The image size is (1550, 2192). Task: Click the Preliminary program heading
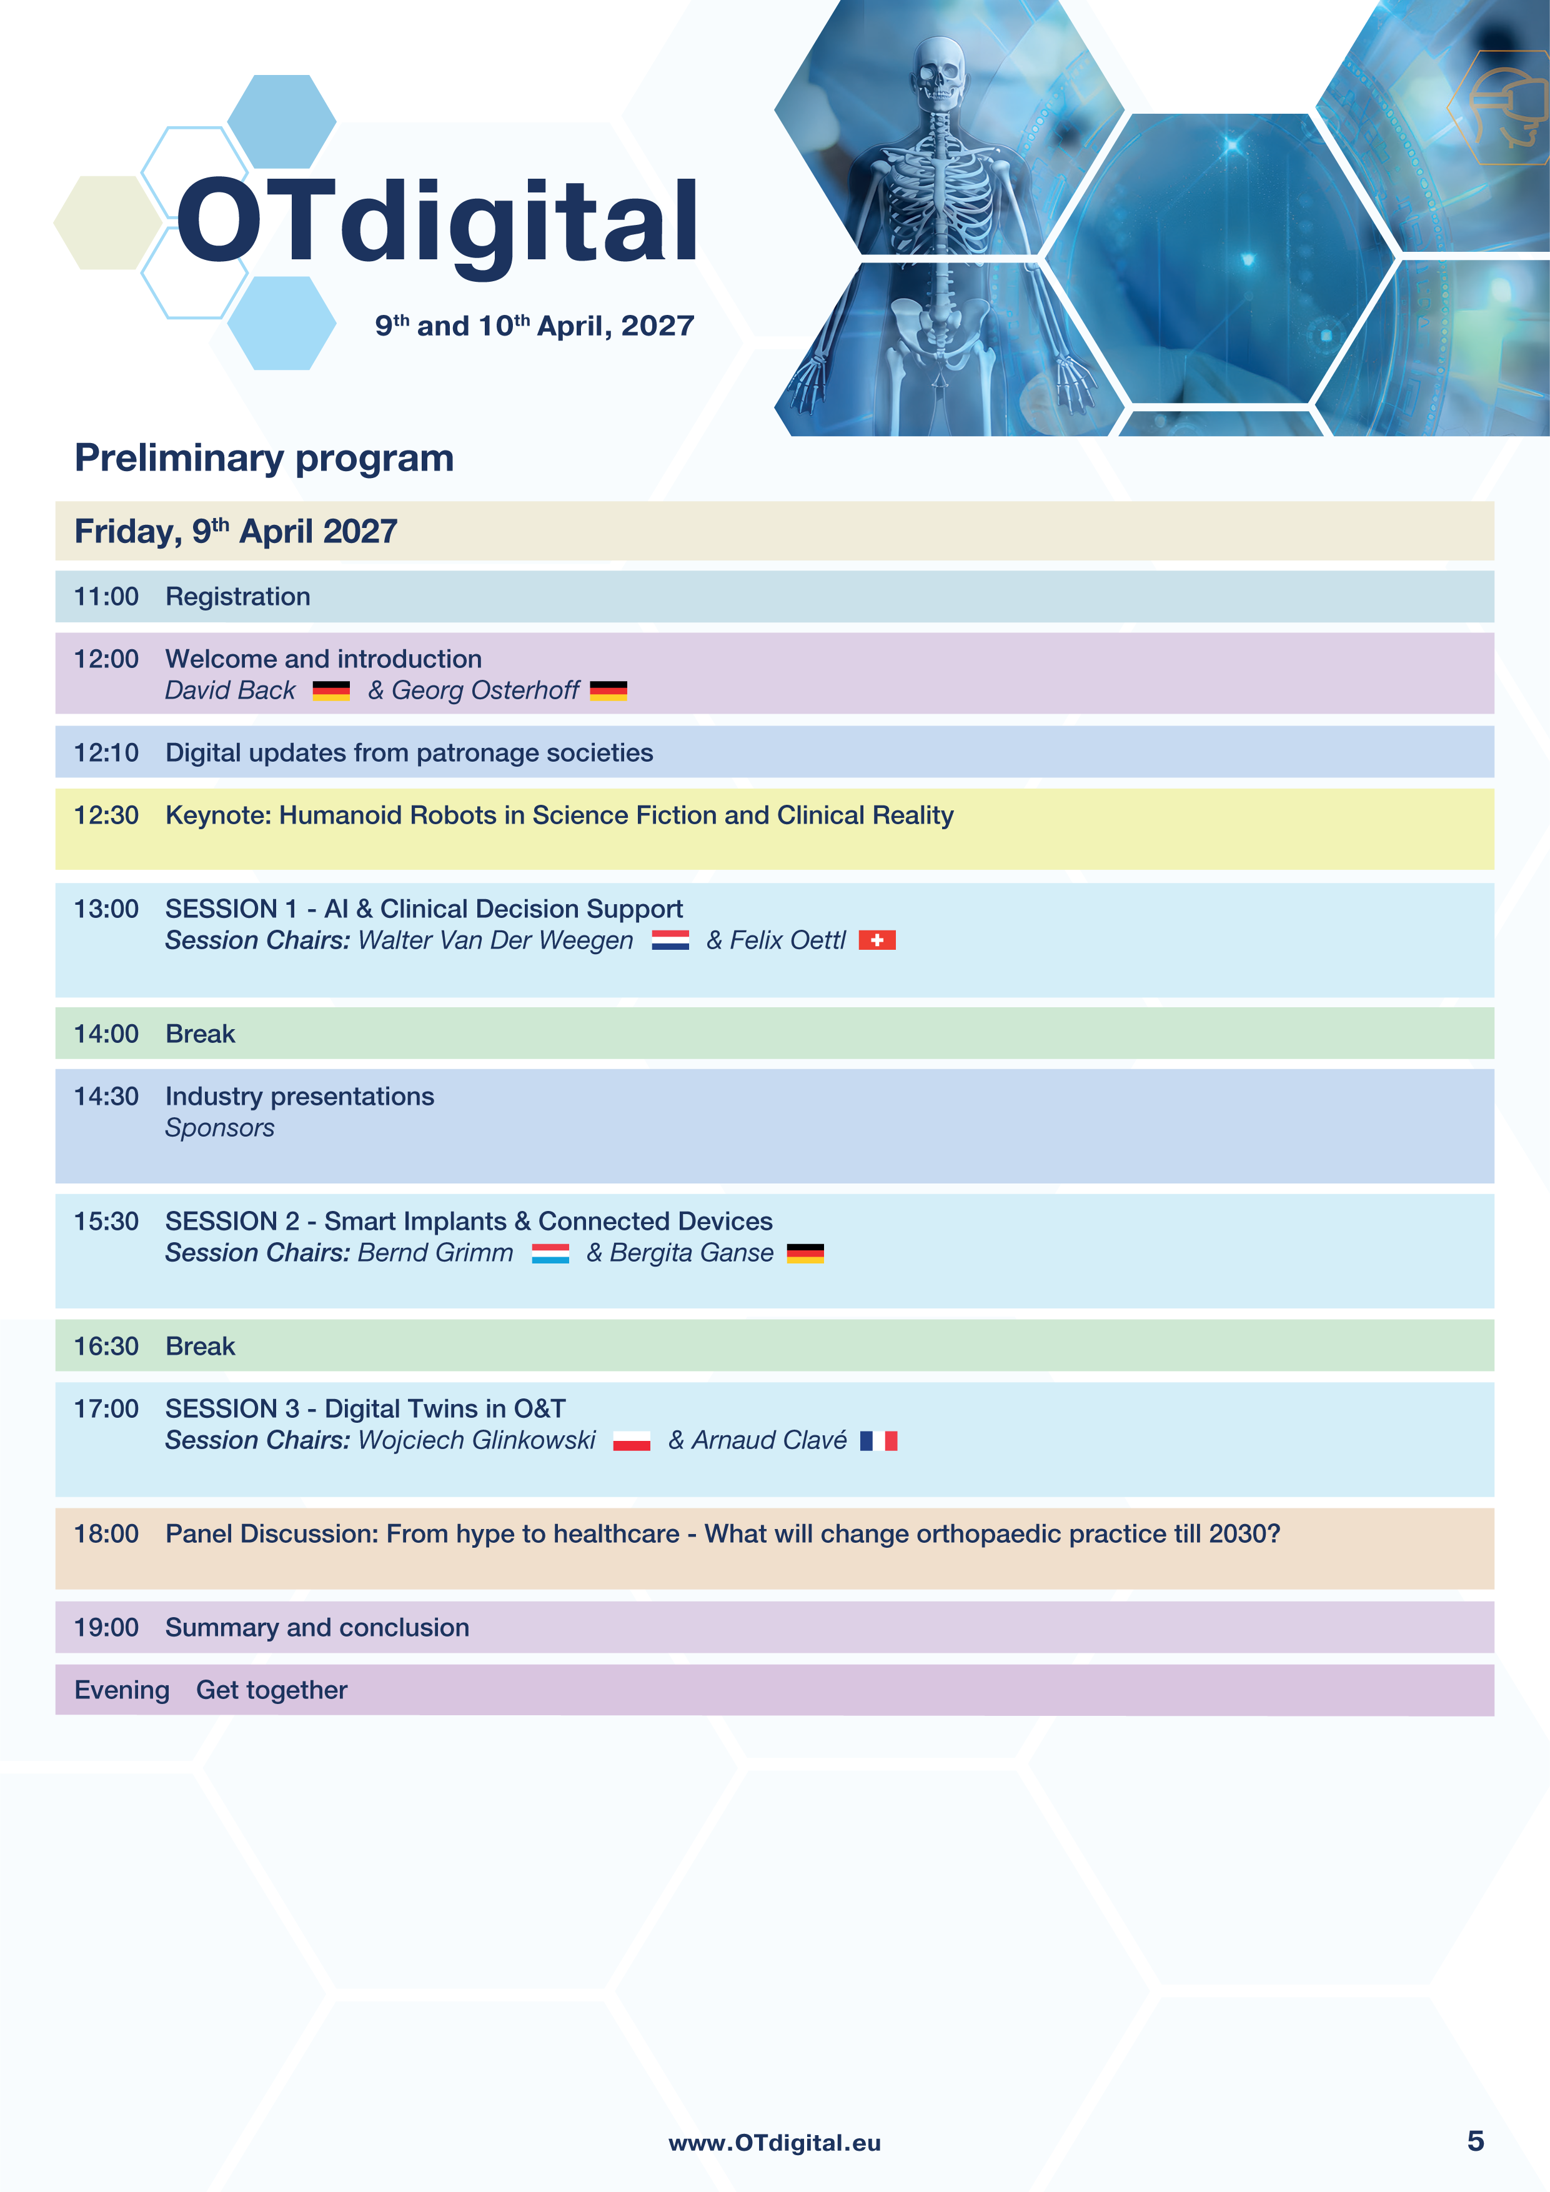coord(264,458)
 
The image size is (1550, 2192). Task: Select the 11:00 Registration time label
coord(106,597)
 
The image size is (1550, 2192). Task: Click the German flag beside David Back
coord(331,690)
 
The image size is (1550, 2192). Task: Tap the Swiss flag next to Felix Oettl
coord(877,940)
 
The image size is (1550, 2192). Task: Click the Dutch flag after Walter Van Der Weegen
coord(670,940)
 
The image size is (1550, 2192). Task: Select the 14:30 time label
coord(106,1096)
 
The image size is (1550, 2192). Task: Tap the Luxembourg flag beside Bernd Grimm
coord(550,1253)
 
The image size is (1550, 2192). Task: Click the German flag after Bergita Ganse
coord(805,1253)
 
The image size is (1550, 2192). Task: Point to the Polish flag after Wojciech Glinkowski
coord(632,1441)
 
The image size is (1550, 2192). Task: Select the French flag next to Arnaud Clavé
coord(878,1441)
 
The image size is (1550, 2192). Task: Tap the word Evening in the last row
coord(122,1690)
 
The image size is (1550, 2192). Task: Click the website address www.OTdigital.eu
coord(774,2143)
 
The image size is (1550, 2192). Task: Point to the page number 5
coord(1476,2141)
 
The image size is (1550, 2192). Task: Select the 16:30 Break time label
coord(106,1346)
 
